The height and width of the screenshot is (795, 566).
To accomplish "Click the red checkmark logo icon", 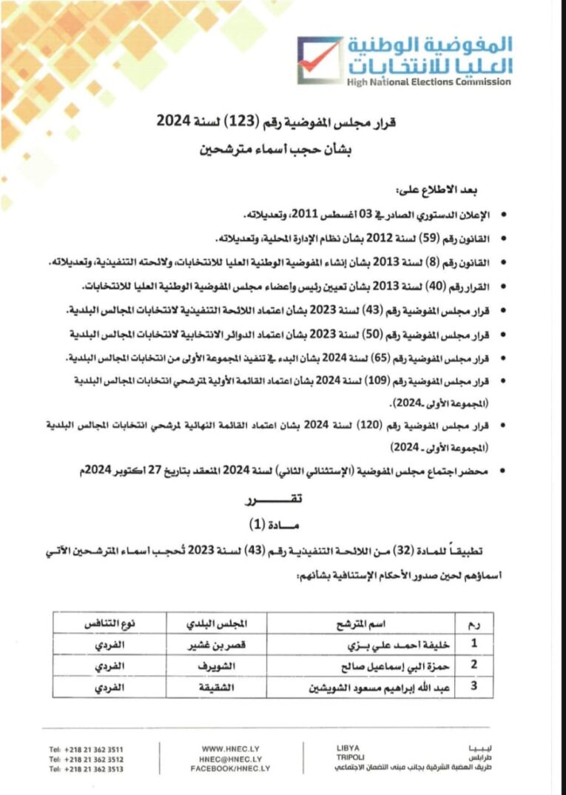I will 320,60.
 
